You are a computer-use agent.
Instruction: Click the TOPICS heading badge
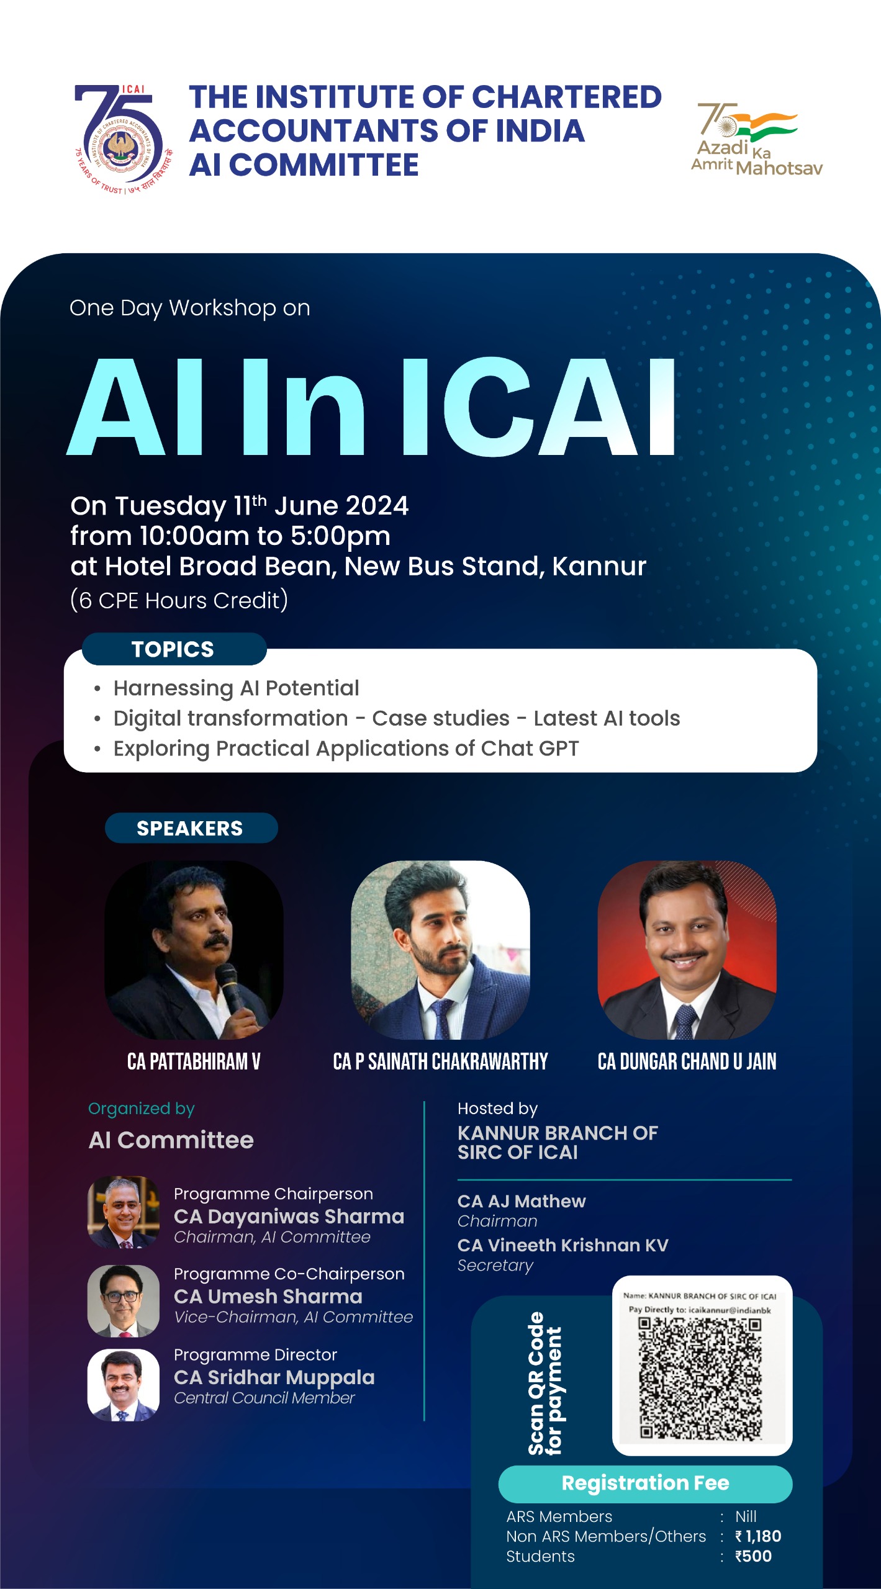173,649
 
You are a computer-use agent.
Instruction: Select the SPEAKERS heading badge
191,828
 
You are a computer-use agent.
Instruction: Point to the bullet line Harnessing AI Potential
236,688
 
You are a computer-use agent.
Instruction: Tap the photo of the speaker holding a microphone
194,950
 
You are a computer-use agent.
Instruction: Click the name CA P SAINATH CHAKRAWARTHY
440,1062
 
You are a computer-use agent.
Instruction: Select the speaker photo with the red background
687,950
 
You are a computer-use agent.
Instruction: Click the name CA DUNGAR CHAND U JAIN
687,1062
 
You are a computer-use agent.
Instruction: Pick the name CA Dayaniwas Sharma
289,1216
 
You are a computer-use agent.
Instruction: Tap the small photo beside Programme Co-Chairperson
124,1300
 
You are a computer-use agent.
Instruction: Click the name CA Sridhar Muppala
274,1377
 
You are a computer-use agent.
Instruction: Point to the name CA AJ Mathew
522,1201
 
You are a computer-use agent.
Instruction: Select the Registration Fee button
645,1483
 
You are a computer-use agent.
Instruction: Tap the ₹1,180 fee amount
758,1536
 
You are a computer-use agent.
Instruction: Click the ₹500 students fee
753,1556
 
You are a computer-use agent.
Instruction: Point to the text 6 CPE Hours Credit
179,600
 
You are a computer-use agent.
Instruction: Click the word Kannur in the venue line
599,566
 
